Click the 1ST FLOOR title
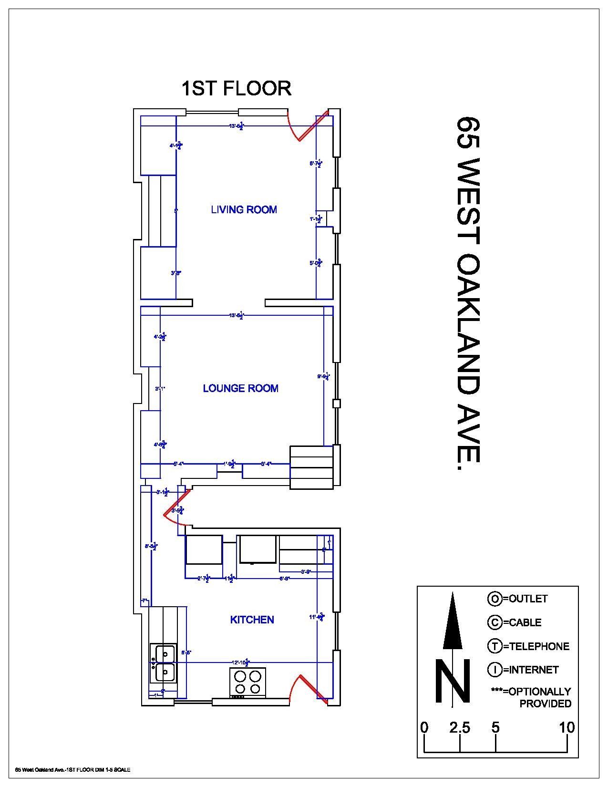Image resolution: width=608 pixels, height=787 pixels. (237, 89)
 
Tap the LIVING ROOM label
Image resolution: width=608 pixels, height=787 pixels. (244, 209)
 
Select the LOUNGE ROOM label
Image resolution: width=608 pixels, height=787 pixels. (240, 388)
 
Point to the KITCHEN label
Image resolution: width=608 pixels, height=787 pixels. (252, 620)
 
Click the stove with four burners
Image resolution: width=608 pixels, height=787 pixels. (248, 683)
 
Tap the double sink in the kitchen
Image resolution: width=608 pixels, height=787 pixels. (163, 663)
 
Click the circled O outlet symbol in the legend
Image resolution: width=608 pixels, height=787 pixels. (494, 599)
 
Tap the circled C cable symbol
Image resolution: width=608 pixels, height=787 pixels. (494, 622)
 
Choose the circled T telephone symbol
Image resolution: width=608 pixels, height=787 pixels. (494, 646)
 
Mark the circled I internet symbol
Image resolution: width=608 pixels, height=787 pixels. (494, 670)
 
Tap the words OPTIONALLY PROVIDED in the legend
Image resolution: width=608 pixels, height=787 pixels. (539, 697)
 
